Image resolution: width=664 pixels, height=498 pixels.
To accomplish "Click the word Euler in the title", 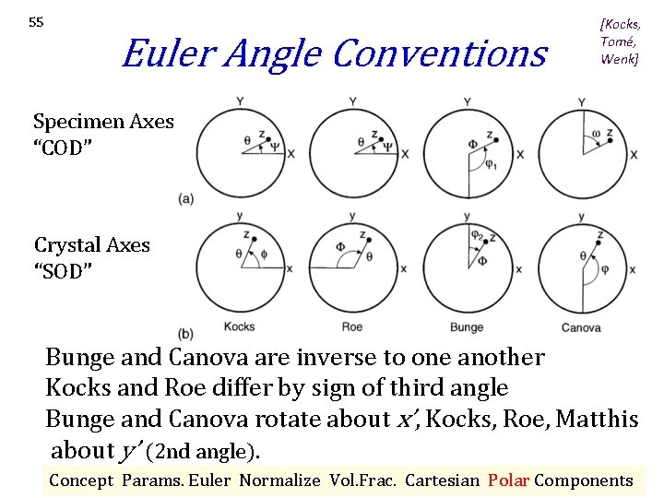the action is (x=159, y=53).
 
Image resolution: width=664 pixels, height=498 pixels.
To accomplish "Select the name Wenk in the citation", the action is (x=620, y=59).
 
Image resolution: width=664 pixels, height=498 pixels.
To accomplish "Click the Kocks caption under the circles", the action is (x=240, y=327).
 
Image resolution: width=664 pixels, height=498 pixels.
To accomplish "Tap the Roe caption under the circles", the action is (x=352, y=327).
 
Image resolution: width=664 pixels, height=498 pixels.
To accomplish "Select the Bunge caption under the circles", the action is (x=467, y=327).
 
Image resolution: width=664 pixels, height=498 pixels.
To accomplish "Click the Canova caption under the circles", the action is (x=581, y=327).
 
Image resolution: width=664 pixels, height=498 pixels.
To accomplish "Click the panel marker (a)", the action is (x=186, y=199).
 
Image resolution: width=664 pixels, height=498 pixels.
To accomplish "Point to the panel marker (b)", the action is (x=186, y=333).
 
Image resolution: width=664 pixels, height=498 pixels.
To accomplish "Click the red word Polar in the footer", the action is (x=508, y=480).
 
